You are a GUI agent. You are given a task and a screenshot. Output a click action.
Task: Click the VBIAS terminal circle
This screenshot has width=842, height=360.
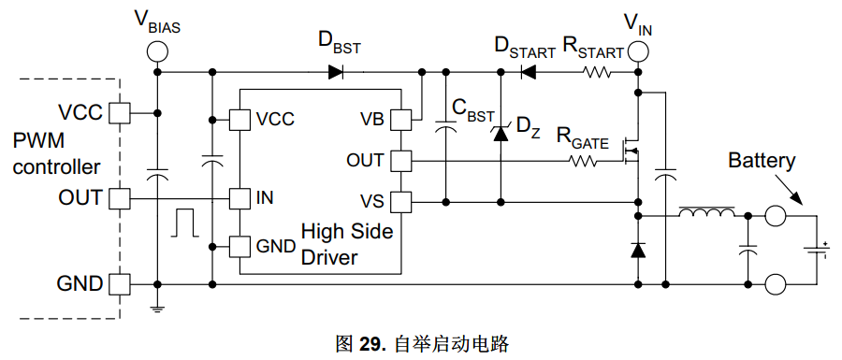pyautogui.click(x=157, y=52)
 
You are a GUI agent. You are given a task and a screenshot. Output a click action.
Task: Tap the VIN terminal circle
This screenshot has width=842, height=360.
pyautogui.click(x=638, y=52)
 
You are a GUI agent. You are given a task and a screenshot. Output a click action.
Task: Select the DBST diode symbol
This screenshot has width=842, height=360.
pyautogui.click(x=336, y=71)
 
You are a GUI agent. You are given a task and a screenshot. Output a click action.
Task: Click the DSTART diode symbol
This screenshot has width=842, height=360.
pyautogui.click(x=529, y=71)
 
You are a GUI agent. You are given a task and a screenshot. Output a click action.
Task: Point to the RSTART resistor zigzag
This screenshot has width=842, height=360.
pyautogui.click(x=597, y=71)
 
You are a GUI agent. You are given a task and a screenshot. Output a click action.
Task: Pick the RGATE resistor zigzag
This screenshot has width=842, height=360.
pyautogui.click(x=583, y=160)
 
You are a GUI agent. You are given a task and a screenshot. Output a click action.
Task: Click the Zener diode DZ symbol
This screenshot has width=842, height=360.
pyautogui.click(x=501, y=133)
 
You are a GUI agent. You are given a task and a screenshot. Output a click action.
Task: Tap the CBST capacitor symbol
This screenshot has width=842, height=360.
pyautogui.click(x=445, y=126)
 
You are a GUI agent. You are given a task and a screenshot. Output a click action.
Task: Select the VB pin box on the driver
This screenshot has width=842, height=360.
pyautogui.click(x=400, y=120)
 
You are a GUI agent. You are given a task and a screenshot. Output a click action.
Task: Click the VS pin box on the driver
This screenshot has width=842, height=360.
pyautogui.click(x=400, y=202)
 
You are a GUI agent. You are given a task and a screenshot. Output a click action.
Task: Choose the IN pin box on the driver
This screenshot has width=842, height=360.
pyautogui.click(x=240, y=198)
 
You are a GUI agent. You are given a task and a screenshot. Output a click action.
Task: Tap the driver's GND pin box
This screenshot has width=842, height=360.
pyautogui.click(x=240, y=247)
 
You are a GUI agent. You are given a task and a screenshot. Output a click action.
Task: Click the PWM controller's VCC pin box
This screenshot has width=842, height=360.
pyautogui.click(x=119, y=112)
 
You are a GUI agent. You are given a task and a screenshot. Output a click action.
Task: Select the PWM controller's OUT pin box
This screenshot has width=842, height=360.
pyautogui.click(x=119, y=198)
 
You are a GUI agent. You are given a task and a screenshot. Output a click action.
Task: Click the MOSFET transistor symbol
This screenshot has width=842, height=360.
pyautogui.click(x=631, y=151)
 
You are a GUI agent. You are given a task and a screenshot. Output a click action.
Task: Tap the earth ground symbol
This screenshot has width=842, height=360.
pyautogui.click(x=157, y=308)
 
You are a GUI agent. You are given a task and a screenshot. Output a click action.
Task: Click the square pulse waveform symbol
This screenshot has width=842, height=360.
pyautogui.click(x=184, y=223)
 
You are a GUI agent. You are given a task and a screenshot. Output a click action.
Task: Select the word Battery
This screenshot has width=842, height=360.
pyautogui.click(x=762, y=162)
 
